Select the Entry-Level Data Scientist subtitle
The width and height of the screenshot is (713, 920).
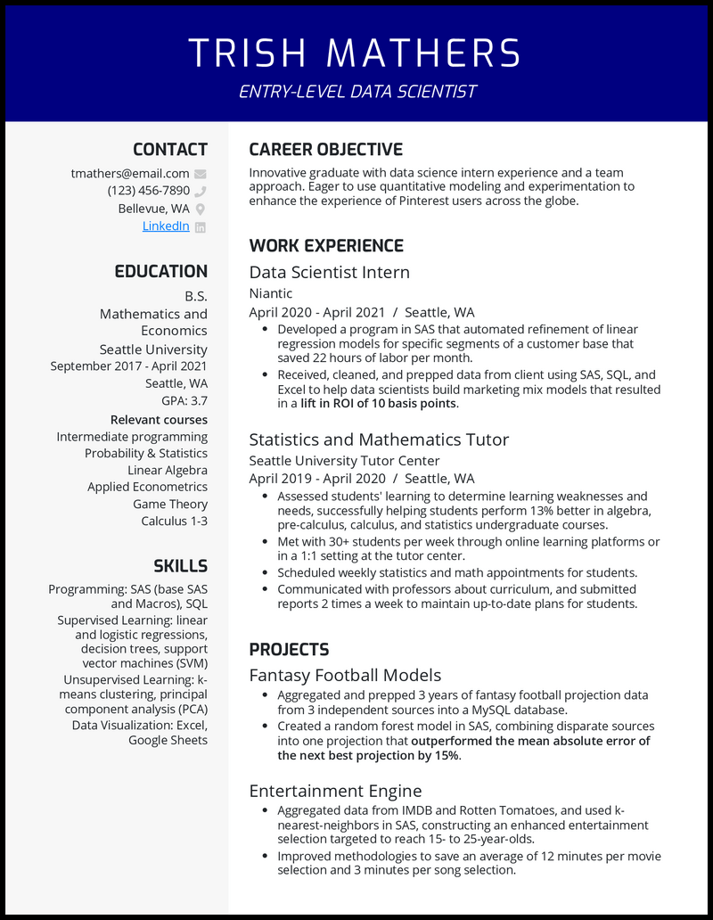[x=356, y=92]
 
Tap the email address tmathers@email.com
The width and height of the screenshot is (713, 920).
[x=130, y=174]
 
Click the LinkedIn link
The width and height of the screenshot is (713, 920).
[x=166, y=226]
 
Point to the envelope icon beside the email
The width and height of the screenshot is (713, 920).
[x=201, y=174]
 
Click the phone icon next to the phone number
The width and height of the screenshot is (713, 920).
[x=201, y=191]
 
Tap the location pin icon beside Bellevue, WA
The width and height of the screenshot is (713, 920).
[x=201, y=209]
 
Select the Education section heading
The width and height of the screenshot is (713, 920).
[x=160, y=272]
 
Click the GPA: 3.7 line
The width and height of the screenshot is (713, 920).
[x=184, y=401]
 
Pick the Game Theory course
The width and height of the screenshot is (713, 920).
[x=170, y=504]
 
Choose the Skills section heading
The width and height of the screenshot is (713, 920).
[x=180, y=566]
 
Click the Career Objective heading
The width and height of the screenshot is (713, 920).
[x=325, y=150]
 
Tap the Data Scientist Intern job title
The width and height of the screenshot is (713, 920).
[x=329, y=272]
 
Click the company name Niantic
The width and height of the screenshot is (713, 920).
[x=270, y=293]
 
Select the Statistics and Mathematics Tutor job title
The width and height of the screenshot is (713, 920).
[x=379, y=439]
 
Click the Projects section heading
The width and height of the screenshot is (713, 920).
[x=289, y=650]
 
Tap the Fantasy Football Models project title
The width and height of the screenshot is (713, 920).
[x=345, y=675]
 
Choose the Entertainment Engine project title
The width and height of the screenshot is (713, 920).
[x=335, y=791]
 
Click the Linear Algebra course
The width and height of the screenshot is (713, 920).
[x=168, y=470]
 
